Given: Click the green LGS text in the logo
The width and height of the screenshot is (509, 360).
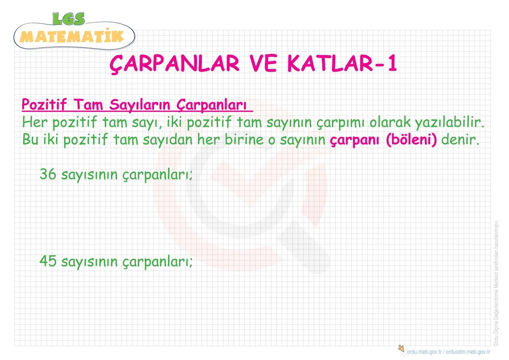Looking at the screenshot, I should click(69, 19).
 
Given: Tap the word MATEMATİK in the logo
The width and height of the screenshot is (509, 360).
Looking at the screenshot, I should click(72, 37).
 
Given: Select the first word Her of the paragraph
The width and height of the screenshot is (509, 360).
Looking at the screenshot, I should click(35, 122).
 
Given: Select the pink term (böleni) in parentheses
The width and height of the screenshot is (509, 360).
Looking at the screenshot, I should click(411, 140).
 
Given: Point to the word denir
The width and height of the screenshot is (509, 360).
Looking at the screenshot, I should click(460, 139).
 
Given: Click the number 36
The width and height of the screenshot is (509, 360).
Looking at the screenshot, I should click(48, 174).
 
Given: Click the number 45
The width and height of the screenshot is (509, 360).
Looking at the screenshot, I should click(48, 261).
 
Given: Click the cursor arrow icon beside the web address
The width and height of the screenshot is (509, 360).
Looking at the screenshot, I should click(401, 349).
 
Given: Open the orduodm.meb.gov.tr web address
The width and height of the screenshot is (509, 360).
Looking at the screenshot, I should click(468, 352).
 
